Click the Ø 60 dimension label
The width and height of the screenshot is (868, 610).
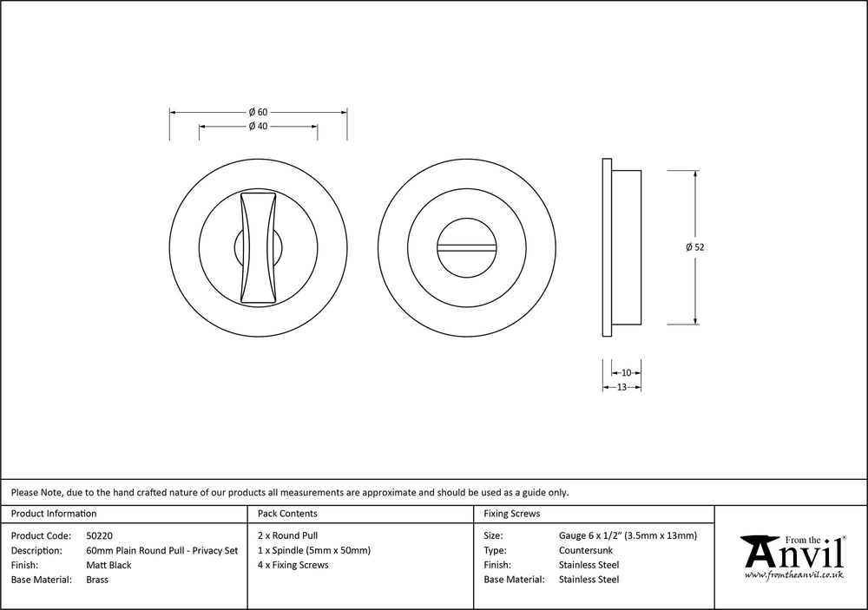coord(258,113)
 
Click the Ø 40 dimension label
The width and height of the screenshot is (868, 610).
coord(258,126)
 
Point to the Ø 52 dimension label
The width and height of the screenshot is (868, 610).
coord(694,247)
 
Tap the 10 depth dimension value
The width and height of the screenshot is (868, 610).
coord(626,372)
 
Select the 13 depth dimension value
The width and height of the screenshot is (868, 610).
coord(621,388)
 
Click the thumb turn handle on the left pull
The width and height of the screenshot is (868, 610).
coord(258,247)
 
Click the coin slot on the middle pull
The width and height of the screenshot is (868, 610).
coord(466,247)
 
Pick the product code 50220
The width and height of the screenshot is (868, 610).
coord(100,536)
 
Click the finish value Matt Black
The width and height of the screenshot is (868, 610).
coord(109,565)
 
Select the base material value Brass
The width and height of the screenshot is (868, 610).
coord(97,580)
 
